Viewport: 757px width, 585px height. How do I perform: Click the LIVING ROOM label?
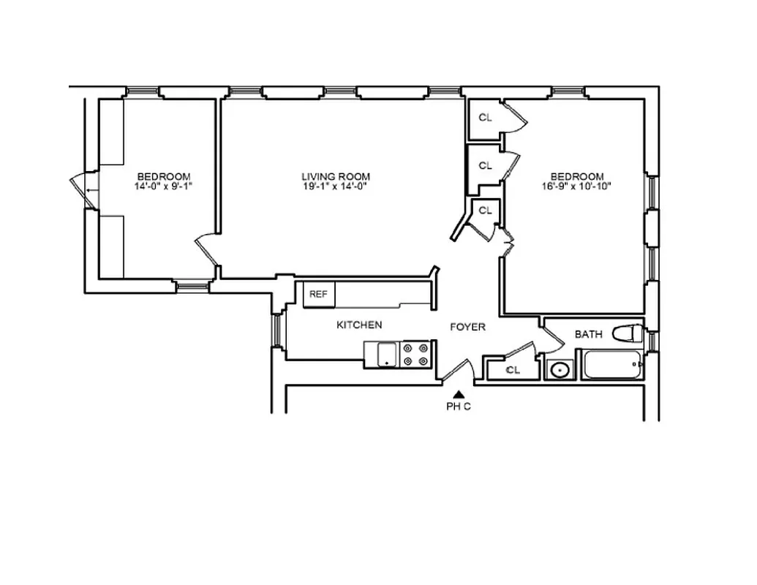[x=336, y=176]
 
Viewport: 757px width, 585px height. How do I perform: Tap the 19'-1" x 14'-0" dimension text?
[x=336, y=186]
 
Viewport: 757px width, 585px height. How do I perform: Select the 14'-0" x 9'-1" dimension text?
[x=164, y=186]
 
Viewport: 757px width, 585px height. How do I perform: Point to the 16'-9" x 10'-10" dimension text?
[x=577, y=186]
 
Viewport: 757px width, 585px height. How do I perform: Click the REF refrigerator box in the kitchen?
[x=318, y=295]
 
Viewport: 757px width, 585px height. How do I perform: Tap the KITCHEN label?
[x=359, y=325]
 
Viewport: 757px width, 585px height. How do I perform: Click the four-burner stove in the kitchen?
[x=415, y=354]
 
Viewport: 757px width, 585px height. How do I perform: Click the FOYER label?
[x=467, y=327]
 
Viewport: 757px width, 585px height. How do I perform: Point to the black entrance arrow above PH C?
[x=459, y=395]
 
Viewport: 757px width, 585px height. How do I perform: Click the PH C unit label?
[x=459, y=407]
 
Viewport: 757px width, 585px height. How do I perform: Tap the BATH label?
[x=589, y=334]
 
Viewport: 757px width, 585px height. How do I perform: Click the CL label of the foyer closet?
[x=513, y=370]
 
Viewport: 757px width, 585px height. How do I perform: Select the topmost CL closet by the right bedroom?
[x=485, y=118]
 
